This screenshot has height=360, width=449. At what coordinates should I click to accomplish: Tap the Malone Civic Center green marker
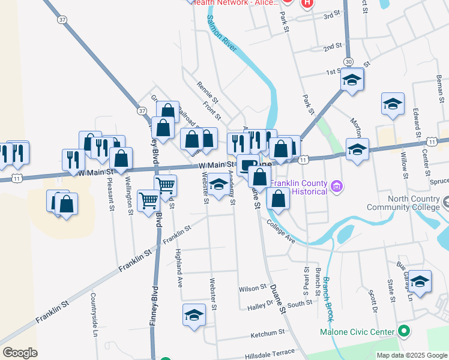404,331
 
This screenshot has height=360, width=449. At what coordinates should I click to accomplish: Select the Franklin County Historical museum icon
337,187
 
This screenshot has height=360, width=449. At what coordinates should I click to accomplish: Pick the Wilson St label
253,289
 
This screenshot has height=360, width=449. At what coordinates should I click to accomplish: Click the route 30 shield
348,62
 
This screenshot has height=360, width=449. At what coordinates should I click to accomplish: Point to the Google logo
20,353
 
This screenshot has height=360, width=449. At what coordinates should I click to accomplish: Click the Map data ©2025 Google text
411,355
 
